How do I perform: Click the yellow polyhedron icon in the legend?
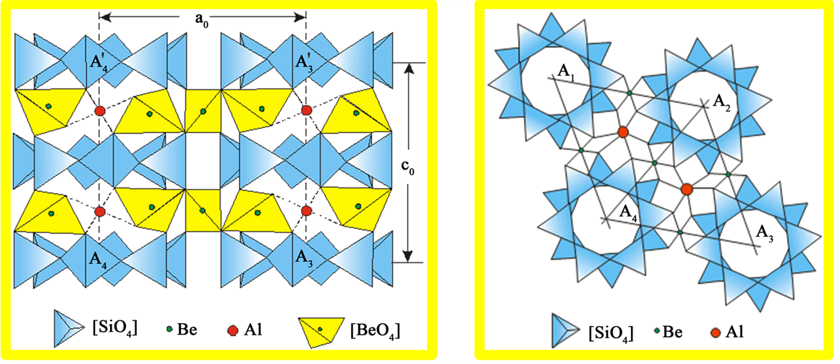pos(321,330)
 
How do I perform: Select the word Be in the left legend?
pos(187,330)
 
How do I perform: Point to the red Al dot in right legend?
pos(715,333)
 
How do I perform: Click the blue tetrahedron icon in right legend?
pos(567,333)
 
